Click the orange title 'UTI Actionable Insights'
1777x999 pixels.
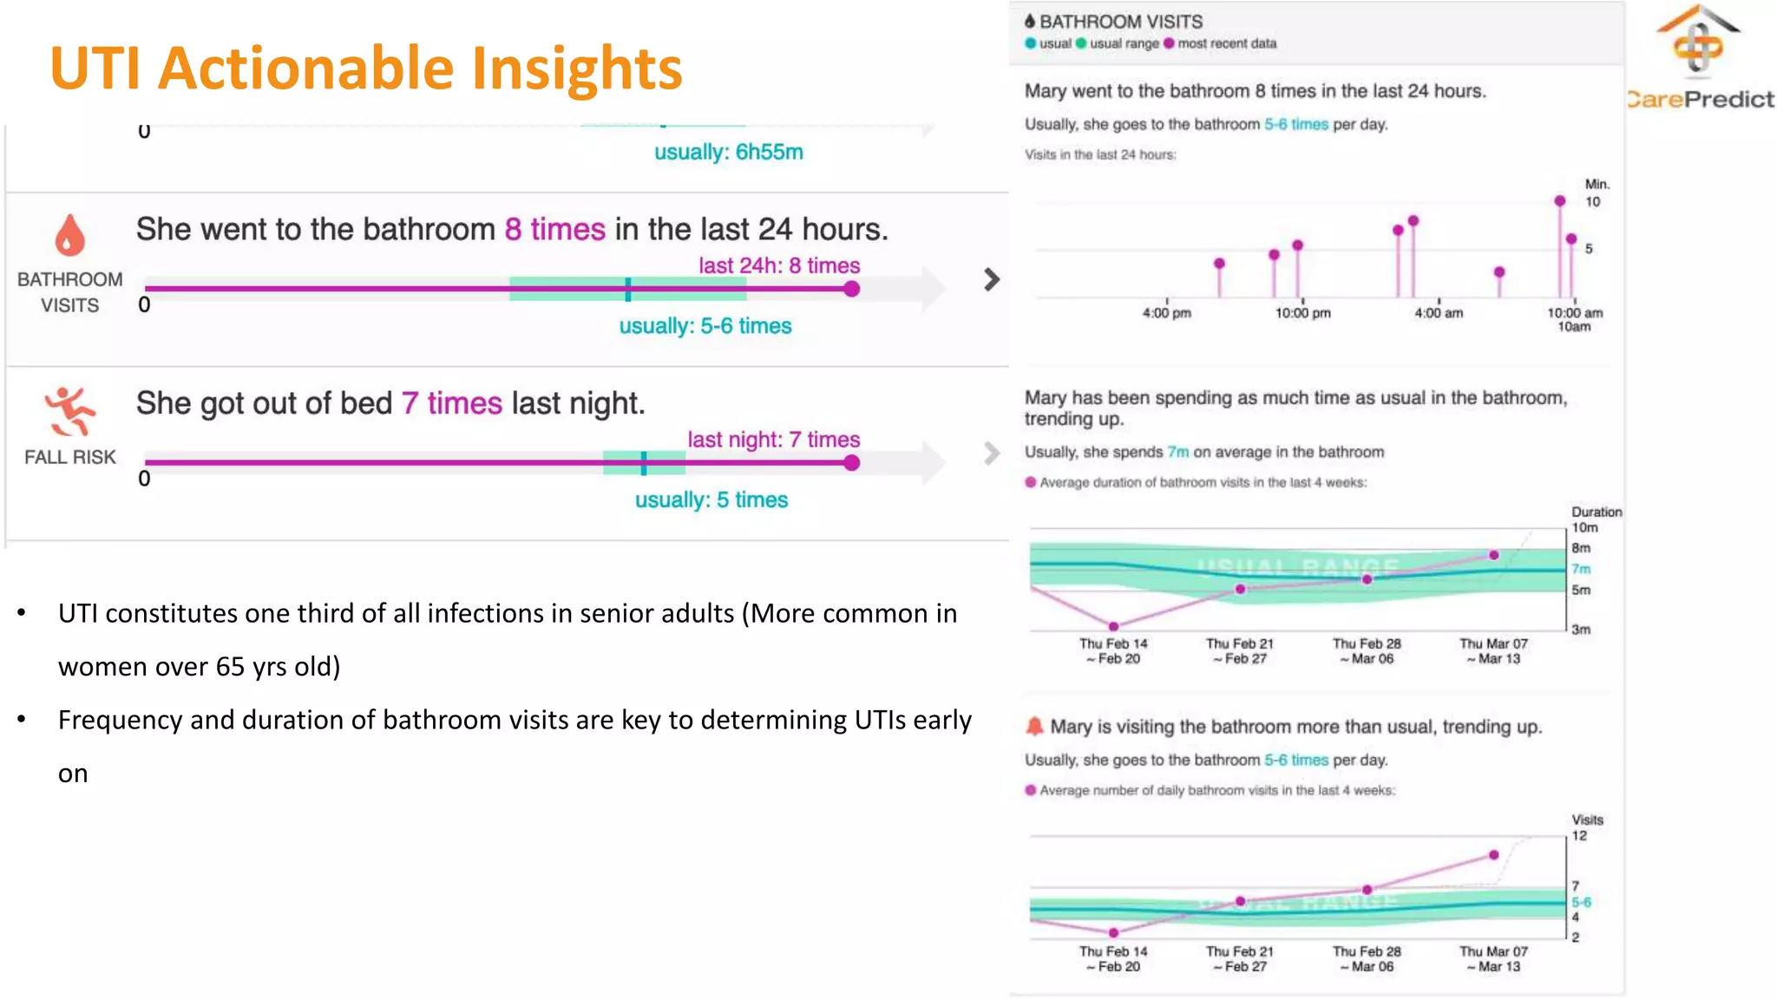pos(365,68)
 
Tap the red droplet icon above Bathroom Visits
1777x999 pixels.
pos(70,234)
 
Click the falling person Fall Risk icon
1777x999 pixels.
pos(69,411)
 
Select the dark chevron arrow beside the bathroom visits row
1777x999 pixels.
pos(992,279)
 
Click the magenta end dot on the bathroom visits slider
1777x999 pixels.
pos(852,289)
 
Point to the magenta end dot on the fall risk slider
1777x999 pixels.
pos(852,463)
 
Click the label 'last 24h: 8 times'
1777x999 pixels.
pos(779,265)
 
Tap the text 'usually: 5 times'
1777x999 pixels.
pos(711,500)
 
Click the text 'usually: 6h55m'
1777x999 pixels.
pos(728,153)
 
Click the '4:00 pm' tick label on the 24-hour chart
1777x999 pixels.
pos(1166,313)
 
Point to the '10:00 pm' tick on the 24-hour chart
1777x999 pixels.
pos(1302,313)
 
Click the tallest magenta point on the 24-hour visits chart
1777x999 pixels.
pos(1560,201)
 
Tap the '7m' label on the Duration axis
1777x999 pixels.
pos(1582,569)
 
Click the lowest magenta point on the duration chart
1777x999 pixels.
pos(1113,625)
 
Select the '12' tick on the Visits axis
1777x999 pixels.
pos(1579,836)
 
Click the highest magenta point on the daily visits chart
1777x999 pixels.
pos(1493,855)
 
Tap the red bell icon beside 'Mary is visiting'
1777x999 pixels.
pos(1034,726)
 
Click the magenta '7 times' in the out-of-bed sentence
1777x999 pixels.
pos(451,403)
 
